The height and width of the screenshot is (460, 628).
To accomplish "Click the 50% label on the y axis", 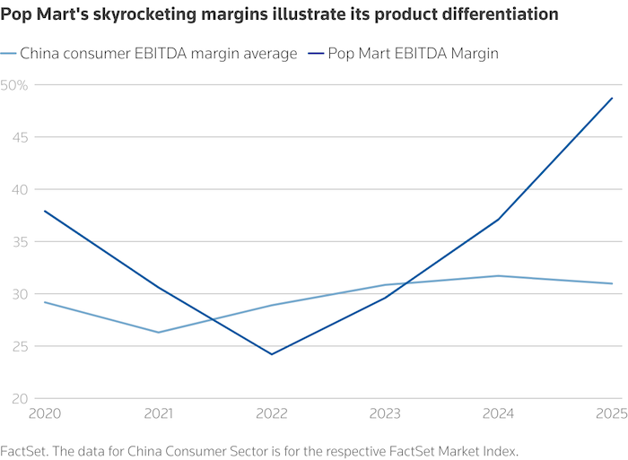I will [15, 85].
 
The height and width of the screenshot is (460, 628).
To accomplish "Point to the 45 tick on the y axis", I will [12, 137].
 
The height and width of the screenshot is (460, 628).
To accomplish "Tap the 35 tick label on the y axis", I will [12, 241].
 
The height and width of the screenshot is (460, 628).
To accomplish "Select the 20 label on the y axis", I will [12, 398].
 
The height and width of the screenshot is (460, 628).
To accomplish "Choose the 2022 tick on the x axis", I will [273, 415].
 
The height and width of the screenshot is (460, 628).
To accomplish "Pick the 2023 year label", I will [386, 415].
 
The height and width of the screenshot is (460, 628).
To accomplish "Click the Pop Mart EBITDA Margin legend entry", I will [430, 54].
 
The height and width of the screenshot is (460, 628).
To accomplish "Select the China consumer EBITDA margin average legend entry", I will [158, 54].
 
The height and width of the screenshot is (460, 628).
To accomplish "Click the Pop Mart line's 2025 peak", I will [613, 98].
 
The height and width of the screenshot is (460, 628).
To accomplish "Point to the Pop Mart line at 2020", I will [44, 211].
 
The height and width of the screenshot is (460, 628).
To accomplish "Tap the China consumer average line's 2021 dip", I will [159, 332].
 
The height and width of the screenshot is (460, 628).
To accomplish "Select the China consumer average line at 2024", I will [500, 275].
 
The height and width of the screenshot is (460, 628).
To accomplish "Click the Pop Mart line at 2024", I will [500, 219].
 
